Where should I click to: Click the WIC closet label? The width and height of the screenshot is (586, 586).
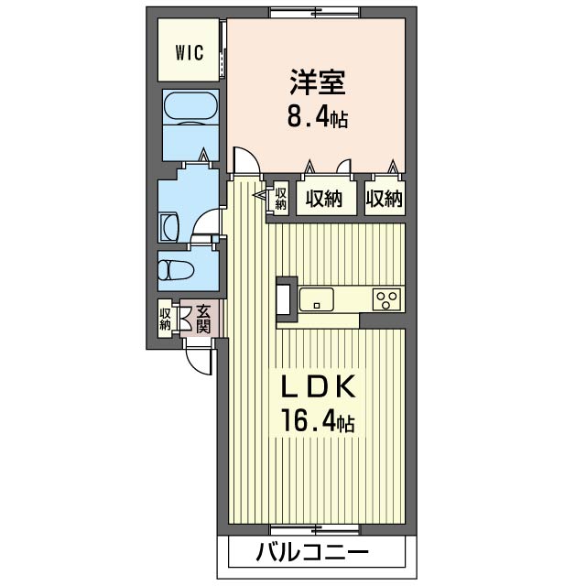(x=190, y=53)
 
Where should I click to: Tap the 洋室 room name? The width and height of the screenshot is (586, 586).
(x=318, y=81)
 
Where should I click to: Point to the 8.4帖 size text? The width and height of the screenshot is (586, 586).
(x=318, y=116)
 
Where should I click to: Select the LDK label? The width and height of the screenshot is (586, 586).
(x=318, y=387)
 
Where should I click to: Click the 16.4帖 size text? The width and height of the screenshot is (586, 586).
(x=318, y=421)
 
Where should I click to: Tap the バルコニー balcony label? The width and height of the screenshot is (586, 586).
(x=312, y=552)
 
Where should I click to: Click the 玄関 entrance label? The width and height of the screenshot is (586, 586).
(x=203, y=319)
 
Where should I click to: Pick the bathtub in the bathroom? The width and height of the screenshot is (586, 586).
(x=190, y=108)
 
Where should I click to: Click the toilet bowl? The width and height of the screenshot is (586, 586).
(x=175, y=270)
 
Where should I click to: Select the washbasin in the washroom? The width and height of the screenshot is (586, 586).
(x=169, y=228)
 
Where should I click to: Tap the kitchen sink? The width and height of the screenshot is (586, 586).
(x=317, y=299)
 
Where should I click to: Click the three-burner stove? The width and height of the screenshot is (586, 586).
(x=386, y=299)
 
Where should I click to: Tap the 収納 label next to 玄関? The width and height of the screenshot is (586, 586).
(x=165, y=319)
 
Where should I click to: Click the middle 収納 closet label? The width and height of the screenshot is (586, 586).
(x=324, y=199)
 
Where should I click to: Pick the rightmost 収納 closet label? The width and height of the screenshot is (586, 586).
(x=385, y=199)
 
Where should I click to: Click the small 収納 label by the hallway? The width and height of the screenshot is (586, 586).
(x=281, y=199)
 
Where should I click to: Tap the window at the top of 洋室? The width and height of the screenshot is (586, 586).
(x=315, y=13)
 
